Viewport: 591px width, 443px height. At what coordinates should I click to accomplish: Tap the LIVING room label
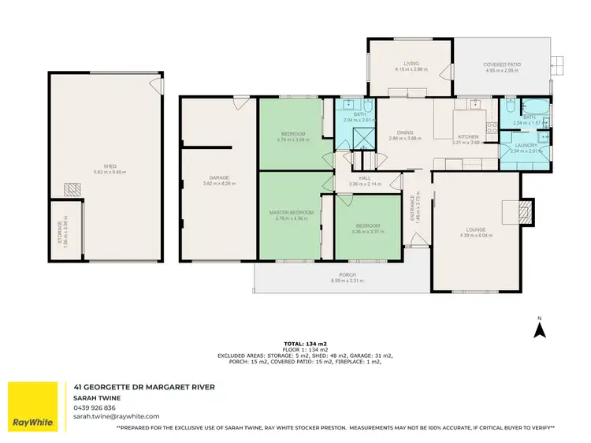pos(411,63)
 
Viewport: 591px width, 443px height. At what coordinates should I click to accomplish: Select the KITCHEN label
pos(467,137)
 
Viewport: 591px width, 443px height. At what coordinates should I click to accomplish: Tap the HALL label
pos(365,179)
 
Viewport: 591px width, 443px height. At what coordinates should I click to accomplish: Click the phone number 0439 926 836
pos(95,408)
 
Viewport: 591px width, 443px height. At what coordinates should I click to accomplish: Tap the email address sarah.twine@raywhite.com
pos(116,415)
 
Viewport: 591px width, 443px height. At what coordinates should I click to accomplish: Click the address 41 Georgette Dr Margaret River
pos(144,387)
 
